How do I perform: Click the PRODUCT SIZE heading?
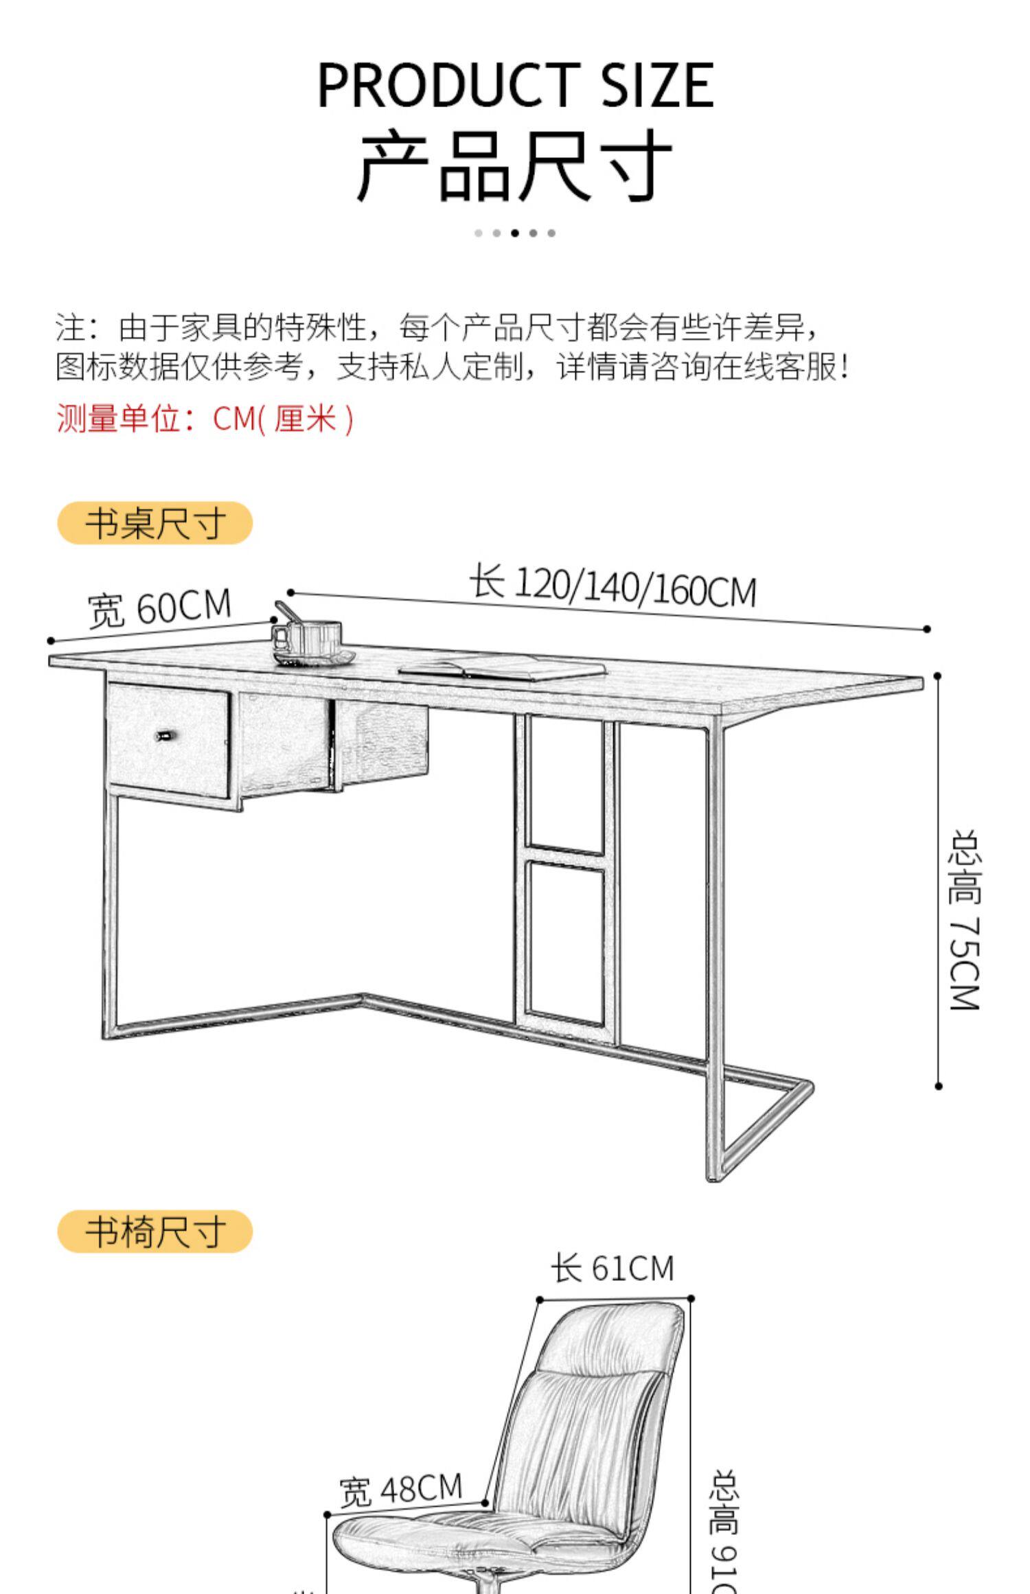(515, 84)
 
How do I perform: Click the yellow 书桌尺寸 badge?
(155, 523)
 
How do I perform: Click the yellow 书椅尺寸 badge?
(155, 1232)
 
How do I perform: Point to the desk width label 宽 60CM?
(159, 608)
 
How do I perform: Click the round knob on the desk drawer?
(165, 736)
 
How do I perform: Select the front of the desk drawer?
(168, 741)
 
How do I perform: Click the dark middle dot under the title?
(515, 233)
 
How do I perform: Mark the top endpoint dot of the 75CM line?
(937, 675)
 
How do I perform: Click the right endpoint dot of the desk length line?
(927, 629)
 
